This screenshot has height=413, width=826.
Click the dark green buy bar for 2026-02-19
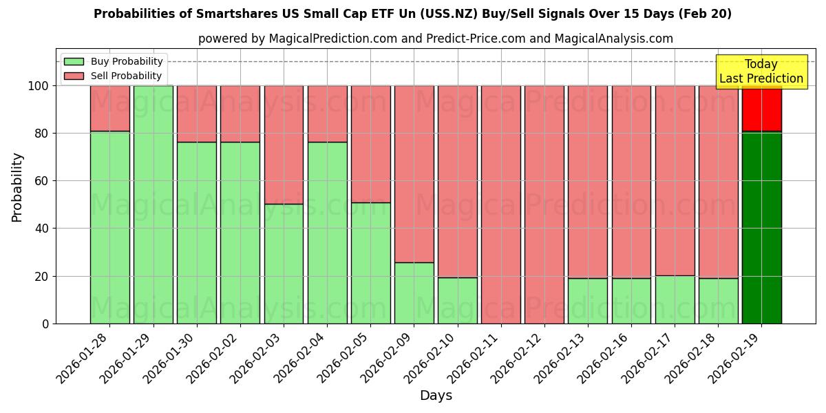pyautogui.click(x=761, y=227)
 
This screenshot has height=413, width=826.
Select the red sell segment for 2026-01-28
pyautogui.click(x=109, y=108)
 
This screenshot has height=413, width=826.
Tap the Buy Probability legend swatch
pyautogui.click(x=74, y=62)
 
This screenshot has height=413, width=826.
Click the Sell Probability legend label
pyautogui.click(x=126, y=76)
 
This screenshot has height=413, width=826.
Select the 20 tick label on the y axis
pyautogui.click(x=42, y=277)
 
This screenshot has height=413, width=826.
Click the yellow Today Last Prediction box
pyautogui.click(x=761, y=72)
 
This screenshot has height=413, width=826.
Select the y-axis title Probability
pyautogui.click(x=17, y=187)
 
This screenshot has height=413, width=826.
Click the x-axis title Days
pyautogui.click(x=436, y=396)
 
